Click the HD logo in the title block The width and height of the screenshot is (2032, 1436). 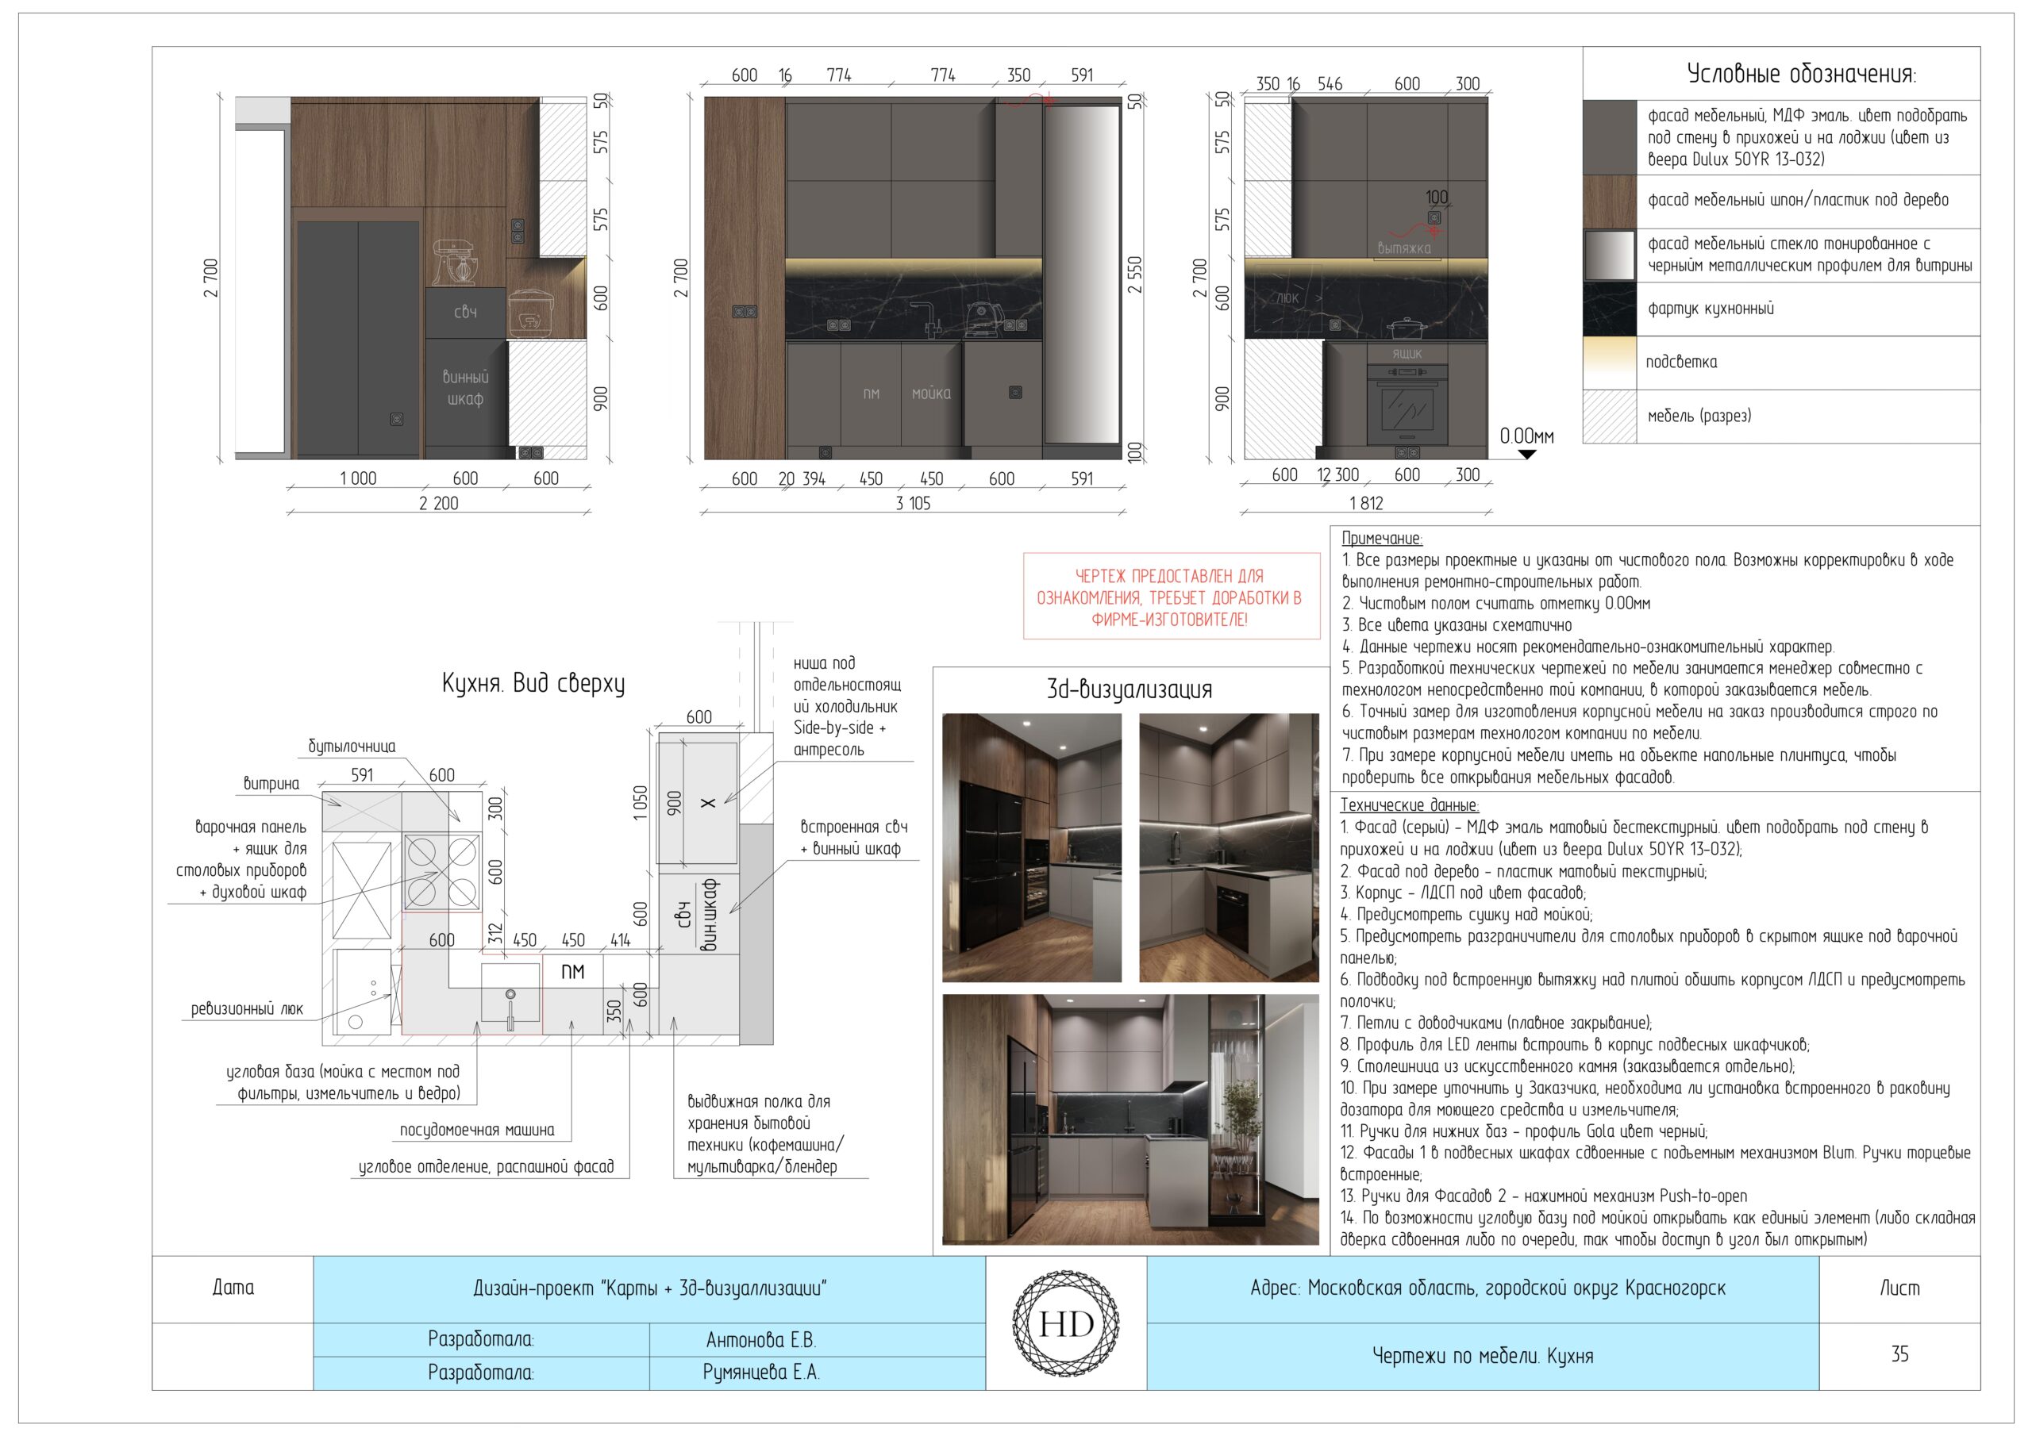click(x=1067, y=1323)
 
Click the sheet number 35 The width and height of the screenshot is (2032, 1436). click(x=1899, y=1353)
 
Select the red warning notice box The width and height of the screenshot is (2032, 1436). click(x=1171, y=597)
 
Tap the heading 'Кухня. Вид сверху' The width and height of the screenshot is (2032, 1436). click(x=533, y=683)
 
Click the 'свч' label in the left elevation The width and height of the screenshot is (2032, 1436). click(x=465, y=312)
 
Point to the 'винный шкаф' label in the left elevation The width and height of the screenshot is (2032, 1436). click(x=465, y=387)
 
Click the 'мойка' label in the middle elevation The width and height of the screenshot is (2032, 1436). click(x=931, y=393)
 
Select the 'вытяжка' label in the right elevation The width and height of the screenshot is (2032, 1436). click(x=1403, y=248)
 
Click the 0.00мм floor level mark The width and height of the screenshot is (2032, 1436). click(x=1526, y=436)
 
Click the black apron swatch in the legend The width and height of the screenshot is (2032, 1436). click(x=1610, y=309)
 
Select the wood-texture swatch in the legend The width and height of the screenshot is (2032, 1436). click(x=1610, y=202)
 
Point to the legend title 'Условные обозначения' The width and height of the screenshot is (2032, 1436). click(x=1801, y=74)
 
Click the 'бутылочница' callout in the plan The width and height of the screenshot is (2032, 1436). click(x=352, y=747)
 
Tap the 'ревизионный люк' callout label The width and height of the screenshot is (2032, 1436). click(x=247, y=1008)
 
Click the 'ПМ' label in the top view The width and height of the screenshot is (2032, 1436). click(x=572, y=972)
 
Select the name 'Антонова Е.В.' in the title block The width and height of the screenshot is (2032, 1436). click(x=761, y=1339)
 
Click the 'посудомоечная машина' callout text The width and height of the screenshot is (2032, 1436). click(x=477, y=1130)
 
